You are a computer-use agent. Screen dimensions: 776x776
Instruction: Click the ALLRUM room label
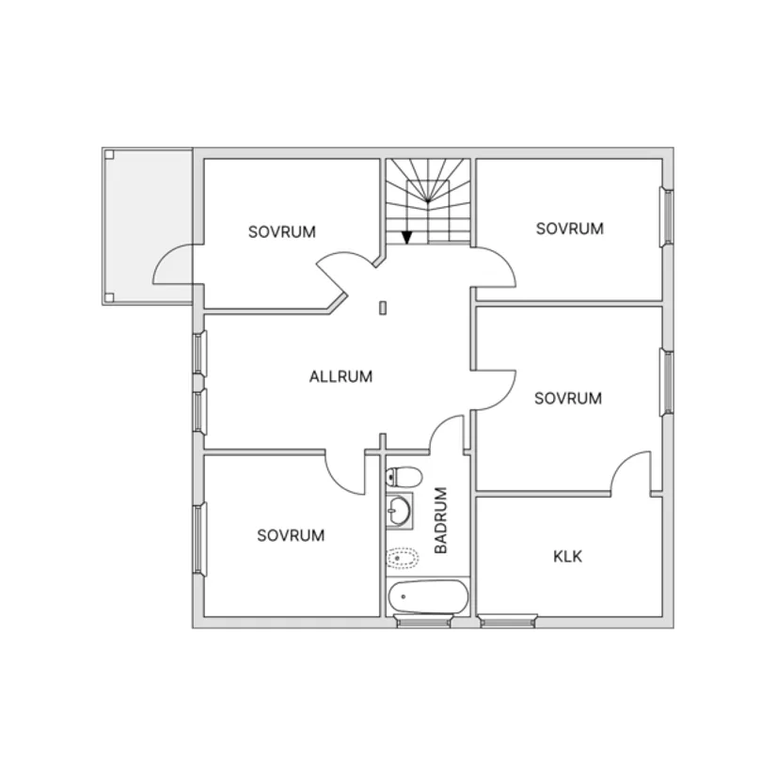pyautogui.click(x=340, y=376)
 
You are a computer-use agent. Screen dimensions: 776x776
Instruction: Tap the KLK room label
pyautogui.click(x=567, y=556)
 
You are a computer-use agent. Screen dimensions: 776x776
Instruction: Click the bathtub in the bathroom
pyautogui.click(x=429, y=596)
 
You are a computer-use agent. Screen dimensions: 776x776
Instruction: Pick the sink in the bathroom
pyautogui.click(x=400, y=511)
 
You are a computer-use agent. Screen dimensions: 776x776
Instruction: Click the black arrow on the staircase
pyautogui.click(x=406, y=236)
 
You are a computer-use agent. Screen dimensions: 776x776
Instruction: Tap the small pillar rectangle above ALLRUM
pyautogui.click(x=384, y=307)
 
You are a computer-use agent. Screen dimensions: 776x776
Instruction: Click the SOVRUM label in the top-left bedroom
pyautogui.click(x=282, y=231)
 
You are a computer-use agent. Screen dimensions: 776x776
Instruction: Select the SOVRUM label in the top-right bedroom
pyautogui.click(x=569, y=228)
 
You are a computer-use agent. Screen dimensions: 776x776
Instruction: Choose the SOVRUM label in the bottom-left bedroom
pyautogui.click(x=291, y=535)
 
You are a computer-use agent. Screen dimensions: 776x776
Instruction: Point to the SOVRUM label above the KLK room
pyautogui.click(x=567, y=399)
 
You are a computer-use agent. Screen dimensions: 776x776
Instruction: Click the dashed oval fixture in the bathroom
pyautogui.click(x=403, y=558)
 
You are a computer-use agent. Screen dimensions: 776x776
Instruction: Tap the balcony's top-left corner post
pyautogui.click(x=109, y=154)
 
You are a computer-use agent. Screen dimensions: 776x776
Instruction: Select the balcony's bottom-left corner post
pyautogui.click(x=109, y=298)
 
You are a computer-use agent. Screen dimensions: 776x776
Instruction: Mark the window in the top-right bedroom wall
pyautogui.click(x=668, y=217)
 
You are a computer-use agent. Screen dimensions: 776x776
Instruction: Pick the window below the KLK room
pyautogui.click(x=509, y=620)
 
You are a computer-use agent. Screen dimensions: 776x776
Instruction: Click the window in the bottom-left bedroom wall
pyautogui.click(x=198, y=539)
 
